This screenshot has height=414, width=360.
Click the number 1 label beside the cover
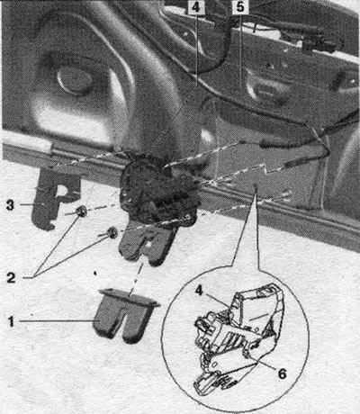[x=11, y=322]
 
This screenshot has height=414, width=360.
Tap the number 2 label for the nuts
[x=11, y=278]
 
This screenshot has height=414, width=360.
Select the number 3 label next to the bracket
[x=10, y=205]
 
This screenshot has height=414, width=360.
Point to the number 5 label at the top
[x=240, y=7]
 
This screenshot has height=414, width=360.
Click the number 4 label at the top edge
[x=195, y=7]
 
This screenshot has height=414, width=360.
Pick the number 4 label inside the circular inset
[x=199, y=291]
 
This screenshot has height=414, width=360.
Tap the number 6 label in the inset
[x=282, y=373]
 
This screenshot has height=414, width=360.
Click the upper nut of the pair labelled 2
[x=81, y=211]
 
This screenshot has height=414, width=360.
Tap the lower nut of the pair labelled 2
[x=112, y=233]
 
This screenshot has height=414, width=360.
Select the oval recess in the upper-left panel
[x=75, y=79]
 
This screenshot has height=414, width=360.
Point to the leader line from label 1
[x=57, y=321]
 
